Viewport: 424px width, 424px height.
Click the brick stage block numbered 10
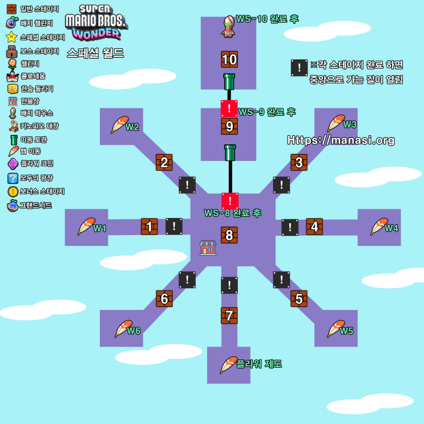pyautogui.click(x=229, y=59)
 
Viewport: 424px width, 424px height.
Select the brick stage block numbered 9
pyautogui.click(x=229, y=126)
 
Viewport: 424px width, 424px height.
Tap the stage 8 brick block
pyautogui.click(x=229, y=235)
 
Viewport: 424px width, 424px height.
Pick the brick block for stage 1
pyautogui.click(x=150, y=227)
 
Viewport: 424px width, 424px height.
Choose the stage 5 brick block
pyautogui.click(x=298, y=298)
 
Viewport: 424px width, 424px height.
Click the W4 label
pyautogui.click(x=391, y=228)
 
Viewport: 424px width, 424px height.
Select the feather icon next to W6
pyautogui.click(x=123, y=329)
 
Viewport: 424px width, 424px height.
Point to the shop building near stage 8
pyautogui.click(x=208, y=247)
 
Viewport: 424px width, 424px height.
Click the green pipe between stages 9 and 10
pyautogui.click(x=229, y=82)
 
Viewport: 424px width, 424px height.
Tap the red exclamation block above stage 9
pyautogui.click(x=229, y=107)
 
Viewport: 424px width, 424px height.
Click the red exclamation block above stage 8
pyautogui.click(x=229, y=201)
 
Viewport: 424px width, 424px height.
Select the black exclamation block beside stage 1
pyautogui.click(x=174, y=226)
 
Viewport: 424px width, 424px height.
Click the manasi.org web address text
pyautogui.click(x=341, y=140)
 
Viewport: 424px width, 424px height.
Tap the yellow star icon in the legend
pyautogui.click(x=11, y=37)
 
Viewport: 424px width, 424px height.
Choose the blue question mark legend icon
pyautogui.click(x=13, y=178)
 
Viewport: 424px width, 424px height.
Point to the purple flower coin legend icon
pyautogui.click(x=13, y=164)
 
